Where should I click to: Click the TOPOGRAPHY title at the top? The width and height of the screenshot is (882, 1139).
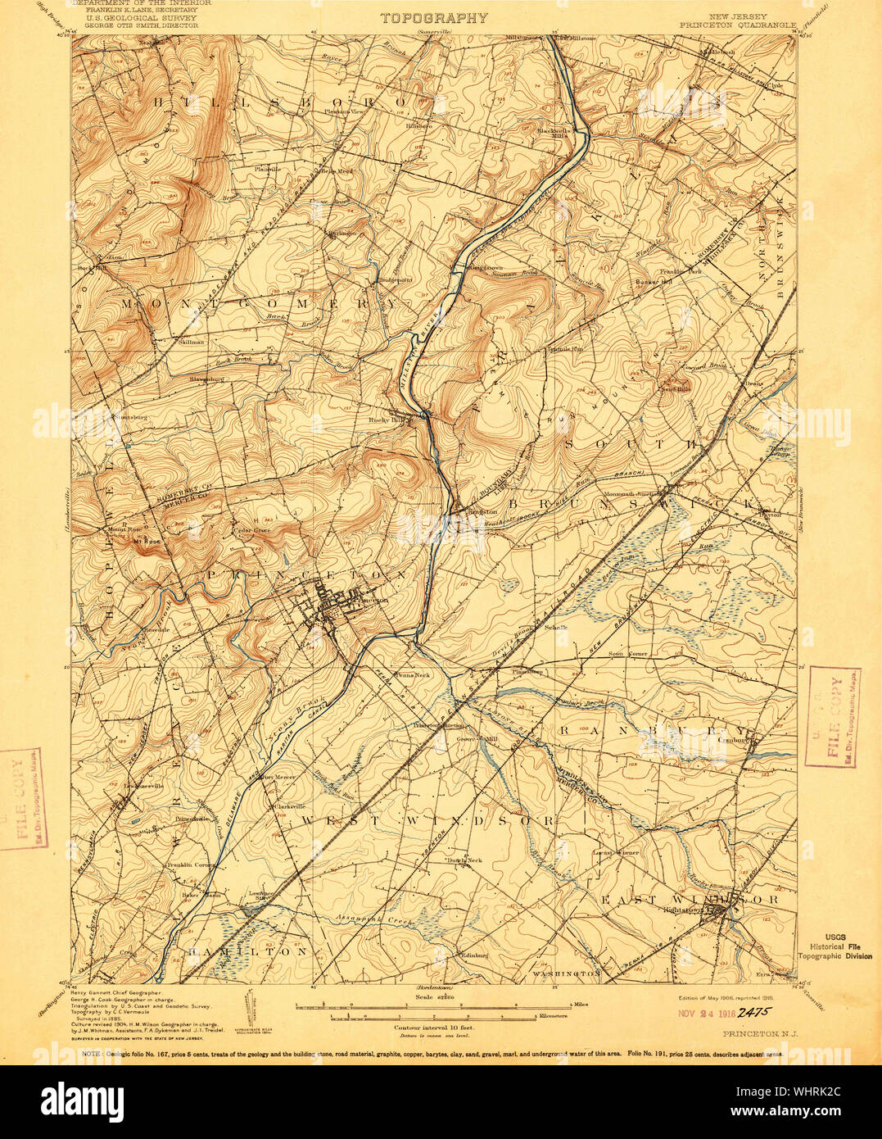click(x=434, y=17)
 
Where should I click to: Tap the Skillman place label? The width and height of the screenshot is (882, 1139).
click(x=190, y=343)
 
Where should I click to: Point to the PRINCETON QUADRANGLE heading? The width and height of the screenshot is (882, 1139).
click(x=737, y=25)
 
